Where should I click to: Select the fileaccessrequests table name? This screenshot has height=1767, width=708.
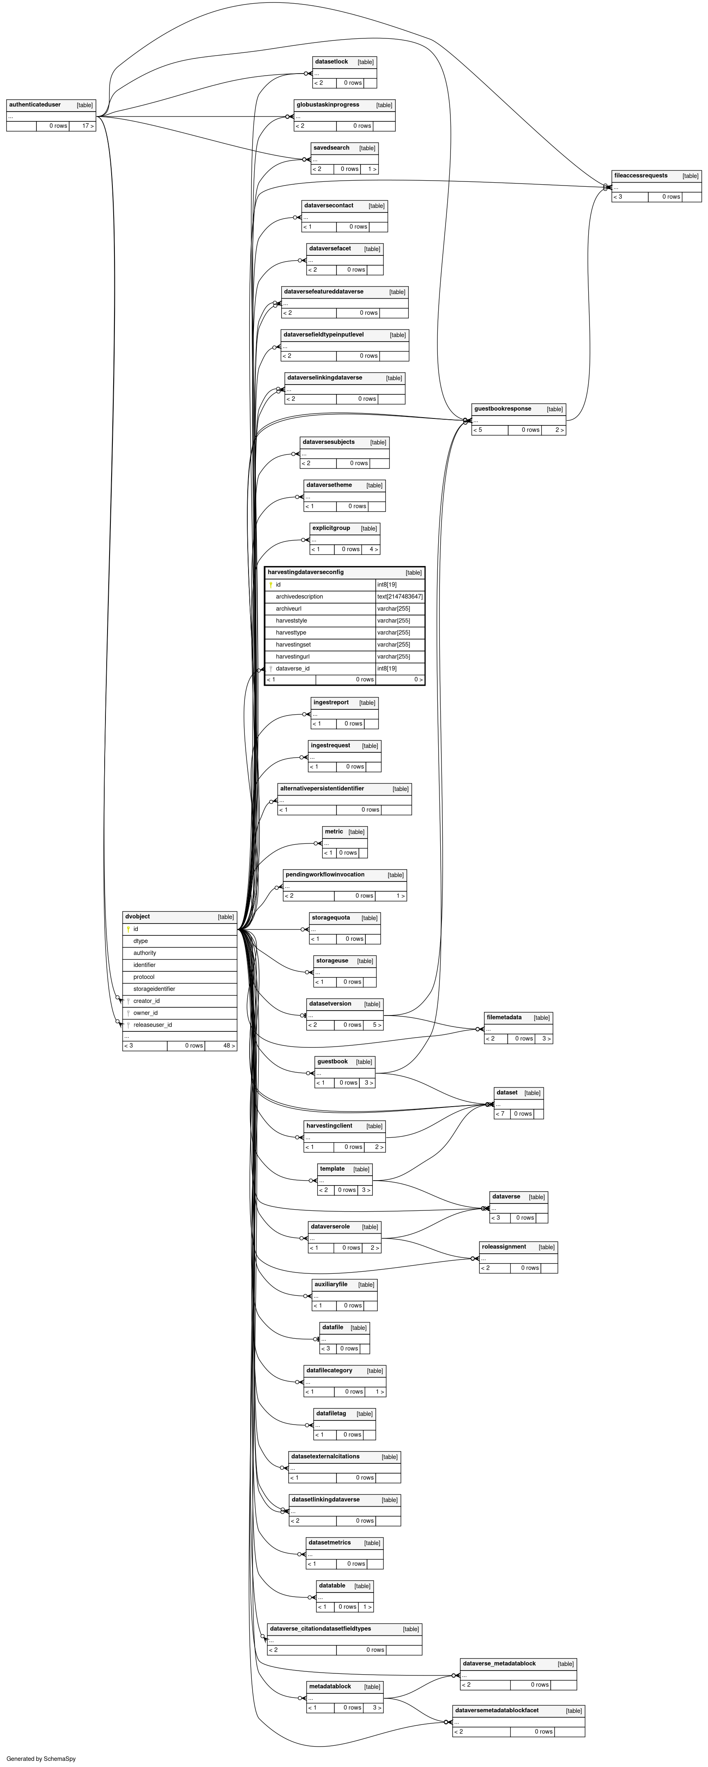(x=641, y=176)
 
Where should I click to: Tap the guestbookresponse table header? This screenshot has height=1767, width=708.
(x=503, y=409)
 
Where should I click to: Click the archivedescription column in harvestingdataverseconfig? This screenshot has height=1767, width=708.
(x=299, y=597)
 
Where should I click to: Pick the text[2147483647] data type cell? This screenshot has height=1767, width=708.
(x=400, y=597)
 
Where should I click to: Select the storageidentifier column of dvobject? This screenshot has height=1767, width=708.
(x=155, y=989)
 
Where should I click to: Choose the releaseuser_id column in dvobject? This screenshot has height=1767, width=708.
(x=152, y=1025)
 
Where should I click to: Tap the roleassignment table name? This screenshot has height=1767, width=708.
(x=504, y=1247)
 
